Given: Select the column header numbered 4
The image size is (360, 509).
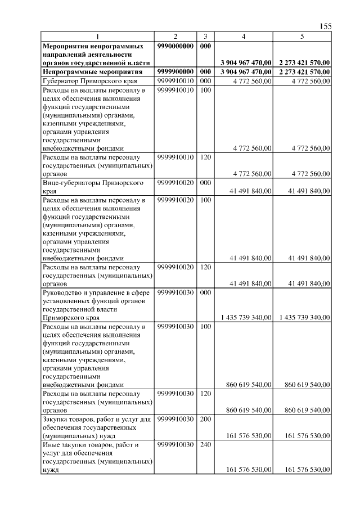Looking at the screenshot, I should coord(243,36).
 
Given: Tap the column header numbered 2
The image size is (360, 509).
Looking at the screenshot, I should coord(175,36).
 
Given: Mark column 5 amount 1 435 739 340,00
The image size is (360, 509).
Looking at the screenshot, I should coord(304,318).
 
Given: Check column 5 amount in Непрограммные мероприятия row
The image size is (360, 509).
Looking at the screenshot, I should coord(304,72).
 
